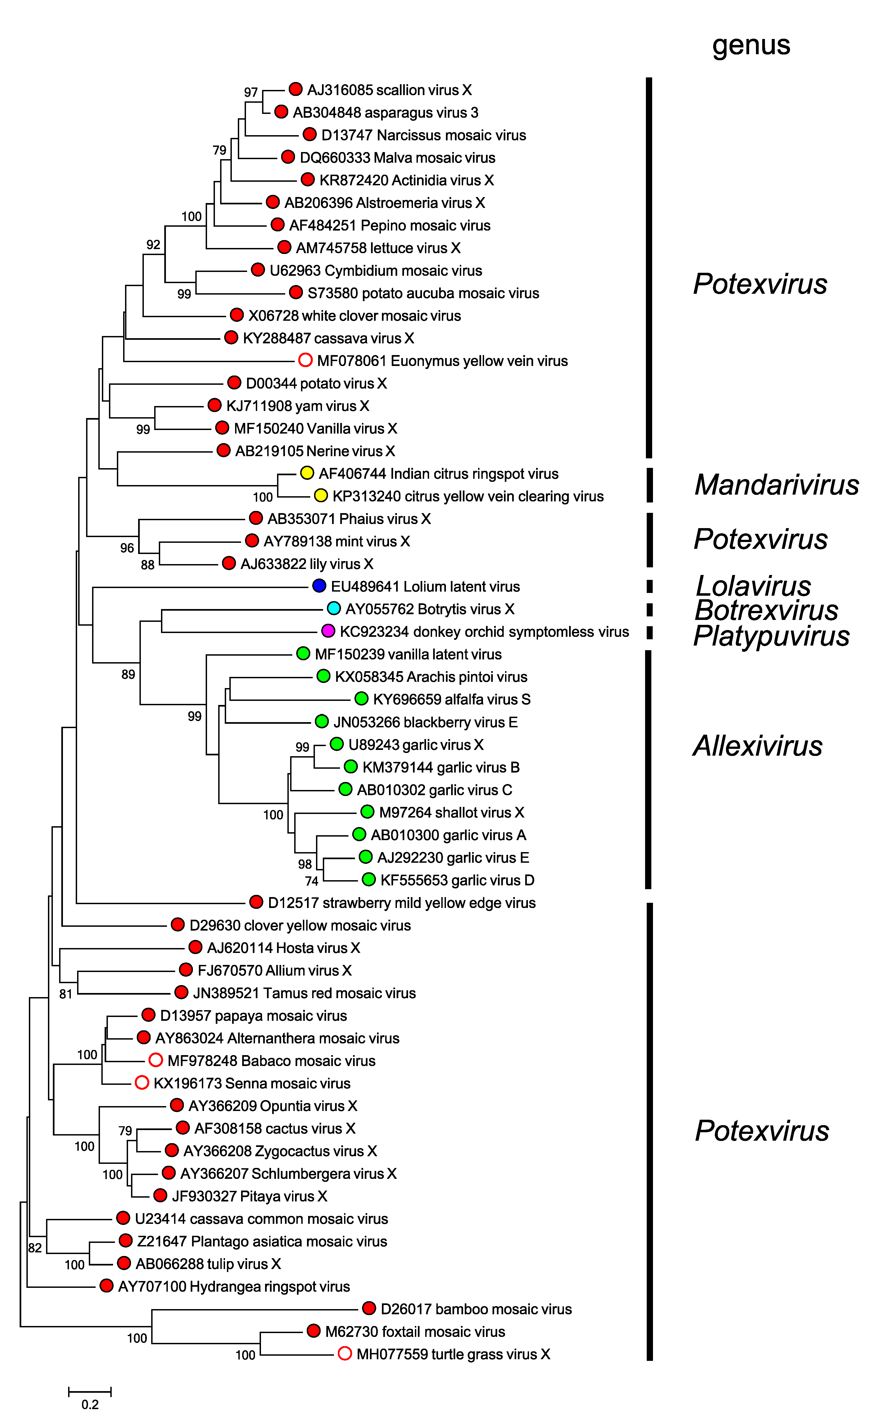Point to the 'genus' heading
tap(751, 45)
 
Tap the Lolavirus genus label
tap(753, 586)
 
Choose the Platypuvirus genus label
tap(771, 636)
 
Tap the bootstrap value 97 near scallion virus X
tap(251, 92)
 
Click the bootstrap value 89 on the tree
tap(128, 674)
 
